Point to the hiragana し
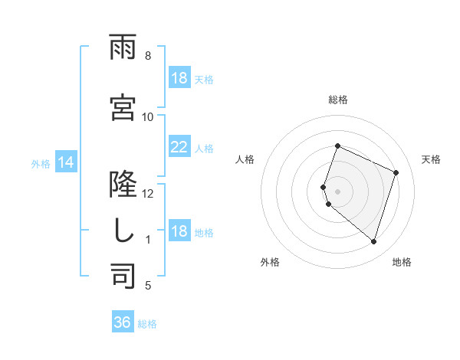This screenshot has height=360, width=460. [x=123, y=231]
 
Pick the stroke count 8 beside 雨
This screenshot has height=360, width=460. [x=147, y=56]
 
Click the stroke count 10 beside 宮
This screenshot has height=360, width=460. [x=147, y=117]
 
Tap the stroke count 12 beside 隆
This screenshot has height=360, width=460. [x=147, y=194]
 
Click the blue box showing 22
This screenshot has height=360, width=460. [x=179, y=148]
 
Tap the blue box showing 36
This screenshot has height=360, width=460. [x=123, y=323]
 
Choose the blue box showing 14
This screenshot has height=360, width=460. [x=65, y=163]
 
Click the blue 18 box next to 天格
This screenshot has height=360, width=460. [x=179, y=78]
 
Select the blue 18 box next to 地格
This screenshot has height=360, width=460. [x=179, y=232]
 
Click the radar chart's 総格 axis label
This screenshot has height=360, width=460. [x=338, y=100]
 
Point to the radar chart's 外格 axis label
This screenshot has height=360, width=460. [x=270, y=262]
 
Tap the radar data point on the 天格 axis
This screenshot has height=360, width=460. [x=396, y=172]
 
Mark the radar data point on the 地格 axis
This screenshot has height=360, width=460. [x=373, y=242]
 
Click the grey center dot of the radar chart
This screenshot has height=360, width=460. [x=337, y=190]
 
